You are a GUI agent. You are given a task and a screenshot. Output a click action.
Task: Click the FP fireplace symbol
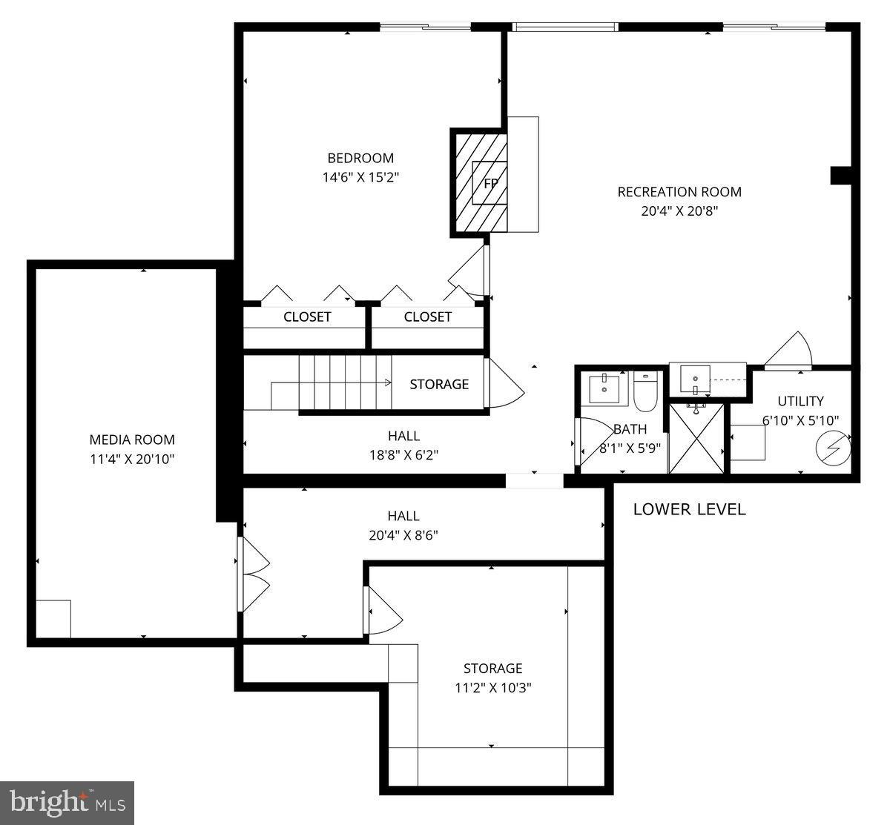click(489, 182)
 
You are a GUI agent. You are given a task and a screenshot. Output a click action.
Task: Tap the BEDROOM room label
click(360, 158)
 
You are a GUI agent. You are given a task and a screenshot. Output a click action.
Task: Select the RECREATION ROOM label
click(679, 192)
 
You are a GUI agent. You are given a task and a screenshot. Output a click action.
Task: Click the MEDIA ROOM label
click(132, 440)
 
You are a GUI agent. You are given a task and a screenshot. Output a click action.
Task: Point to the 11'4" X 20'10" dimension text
click(132, 459)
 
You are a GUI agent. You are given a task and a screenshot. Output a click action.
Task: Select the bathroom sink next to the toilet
click(604, 385)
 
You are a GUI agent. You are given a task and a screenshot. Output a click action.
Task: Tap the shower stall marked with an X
click(696, 437)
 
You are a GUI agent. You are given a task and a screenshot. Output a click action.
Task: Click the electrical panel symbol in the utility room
click(833, 448)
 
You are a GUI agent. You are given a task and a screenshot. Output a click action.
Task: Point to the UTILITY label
click(800, 401)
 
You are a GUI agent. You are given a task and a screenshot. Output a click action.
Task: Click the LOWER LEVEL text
click(689, 509)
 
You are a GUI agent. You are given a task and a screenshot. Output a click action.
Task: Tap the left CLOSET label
click(307, 317)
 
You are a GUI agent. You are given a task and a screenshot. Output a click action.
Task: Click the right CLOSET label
click(428, 317)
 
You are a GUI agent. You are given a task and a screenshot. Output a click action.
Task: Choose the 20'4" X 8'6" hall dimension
click(403, 535)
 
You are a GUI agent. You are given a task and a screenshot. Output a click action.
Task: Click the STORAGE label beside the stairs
click(439, 384)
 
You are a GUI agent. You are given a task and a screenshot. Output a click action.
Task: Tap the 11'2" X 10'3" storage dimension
click(493, 687)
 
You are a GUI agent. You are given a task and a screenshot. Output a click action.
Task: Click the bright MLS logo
click(67, 803)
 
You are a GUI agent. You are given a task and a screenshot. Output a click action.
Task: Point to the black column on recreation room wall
click(840, 175)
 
